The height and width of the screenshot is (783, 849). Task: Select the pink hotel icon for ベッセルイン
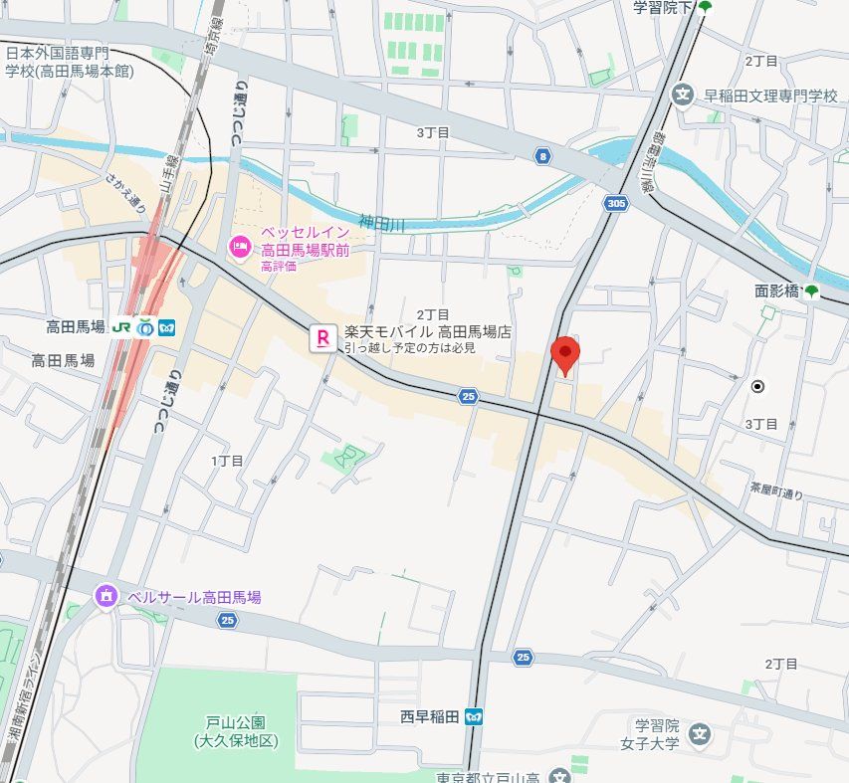pos(240,246)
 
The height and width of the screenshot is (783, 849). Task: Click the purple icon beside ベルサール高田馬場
pos(106,597)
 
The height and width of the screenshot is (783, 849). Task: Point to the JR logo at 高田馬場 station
pos(122,326)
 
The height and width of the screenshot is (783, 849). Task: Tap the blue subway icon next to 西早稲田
pos(475,715)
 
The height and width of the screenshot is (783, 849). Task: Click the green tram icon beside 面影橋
pos(812,292)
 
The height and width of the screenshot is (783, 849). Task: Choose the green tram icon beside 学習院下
pos(705,8)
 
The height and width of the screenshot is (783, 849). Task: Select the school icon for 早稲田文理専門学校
pos(683,96)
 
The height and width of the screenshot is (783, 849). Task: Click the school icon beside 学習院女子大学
pos(701,735)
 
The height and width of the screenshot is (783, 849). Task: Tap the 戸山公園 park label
pos(236,731)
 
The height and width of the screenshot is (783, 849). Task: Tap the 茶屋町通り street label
pos(777,490)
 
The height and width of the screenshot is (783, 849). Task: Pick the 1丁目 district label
pos(227,461)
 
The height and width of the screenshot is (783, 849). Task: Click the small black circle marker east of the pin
pos(756,386)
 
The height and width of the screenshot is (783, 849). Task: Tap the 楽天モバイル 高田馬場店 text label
pos(427,332)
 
